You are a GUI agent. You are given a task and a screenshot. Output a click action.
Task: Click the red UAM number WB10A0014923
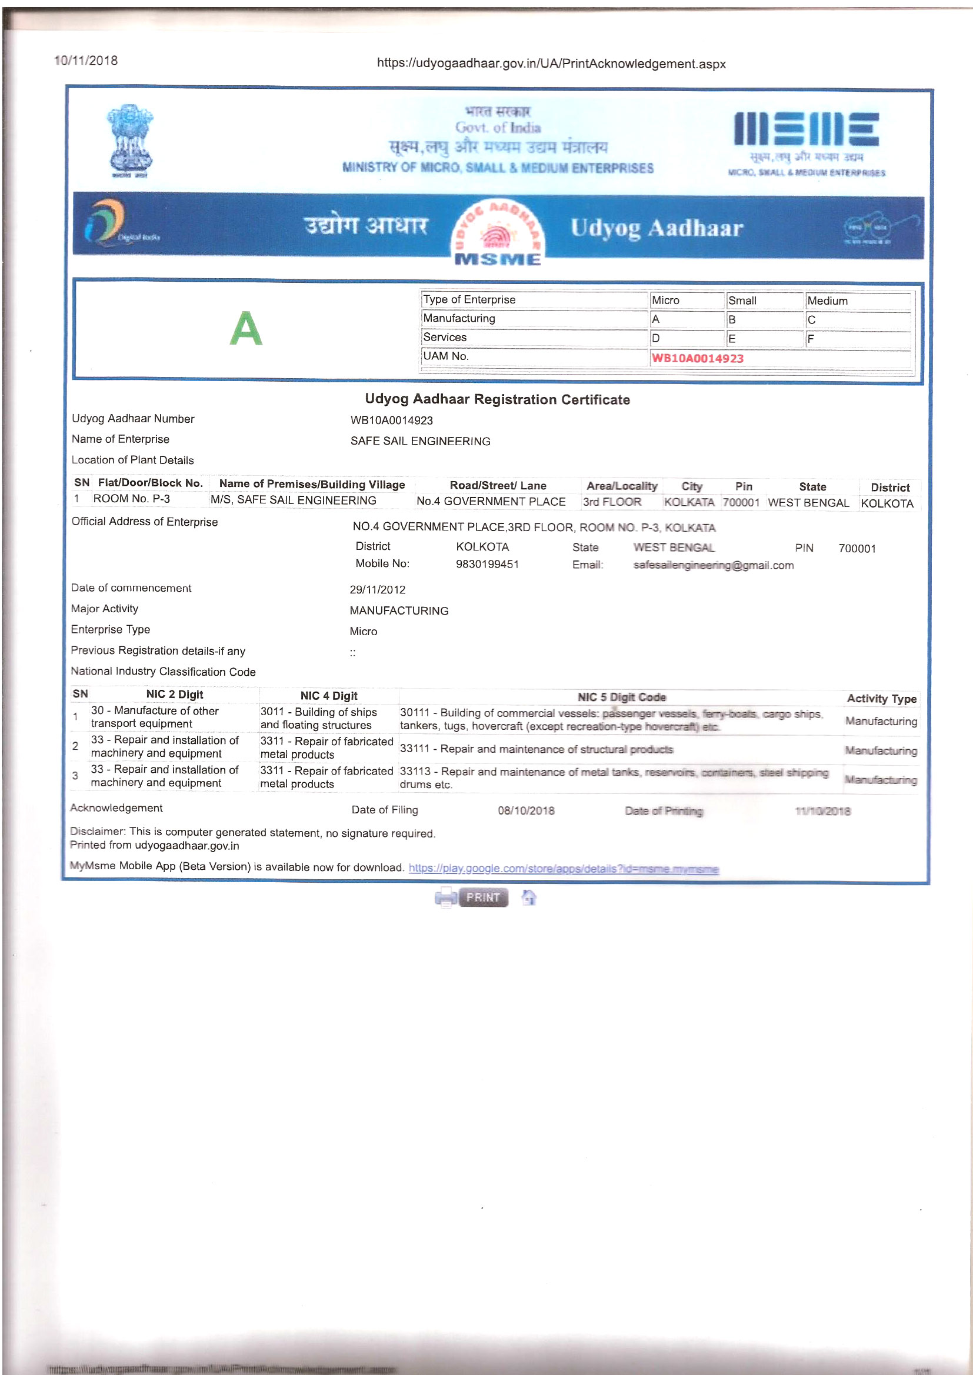[698, 358]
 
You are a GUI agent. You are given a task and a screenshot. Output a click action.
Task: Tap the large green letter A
[246, 328]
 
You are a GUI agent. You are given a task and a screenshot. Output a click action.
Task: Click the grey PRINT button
[483, 897]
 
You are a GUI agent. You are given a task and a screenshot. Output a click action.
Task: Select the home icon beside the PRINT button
[528, 897]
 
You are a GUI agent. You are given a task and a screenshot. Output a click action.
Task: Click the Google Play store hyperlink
[563, 869]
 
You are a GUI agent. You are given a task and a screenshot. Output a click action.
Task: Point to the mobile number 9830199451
[487, 564]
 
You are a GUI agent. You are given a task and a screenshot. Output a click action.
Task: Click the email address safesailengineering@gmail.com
[713, 565]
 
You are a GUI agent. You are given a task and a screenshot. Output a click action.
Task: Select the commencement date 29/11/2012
[378, 590]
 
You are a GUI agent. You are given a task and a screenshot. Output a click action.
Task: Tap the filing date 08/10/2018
[526, 810]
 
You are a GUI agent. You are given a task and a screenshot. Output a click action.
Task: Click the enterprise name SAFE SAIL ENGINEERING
[420, 441]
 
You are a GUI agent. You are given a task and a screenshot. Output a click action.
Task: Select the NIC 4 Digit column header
[329, 695]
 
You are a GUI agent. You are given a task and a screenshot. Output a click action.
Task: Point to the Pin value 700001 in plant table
[741, 502]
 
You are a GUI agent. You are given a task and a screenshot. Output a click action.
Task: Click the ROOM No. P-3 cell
[131, 499]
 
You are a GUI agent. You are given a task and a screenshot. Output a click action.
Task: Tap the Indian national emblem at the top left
[130, 141]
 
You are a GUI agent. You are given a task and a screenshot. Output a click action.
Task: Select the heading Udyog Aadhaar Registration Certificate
[497, 399]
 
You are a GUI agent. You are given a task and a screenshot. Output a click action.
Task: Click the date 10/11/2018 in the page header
[86, 61]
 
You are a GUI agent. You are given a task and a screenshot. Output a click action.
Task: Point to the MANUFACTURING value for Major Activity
[399, 611]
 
